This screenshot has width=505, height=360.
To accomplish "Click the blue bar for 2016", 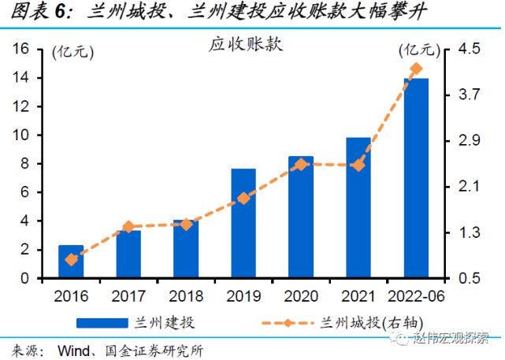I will coord(71,262).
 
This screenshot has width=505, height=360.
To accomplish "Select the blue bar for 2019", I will coord(243,224).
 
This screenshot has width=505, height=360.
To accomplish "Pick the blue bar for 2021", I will coord(358,208).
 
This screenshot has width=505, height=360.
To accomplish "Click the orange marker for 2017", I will coord(128,227).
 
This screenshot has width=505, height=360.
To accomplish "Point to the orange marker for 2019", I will coord(243,199).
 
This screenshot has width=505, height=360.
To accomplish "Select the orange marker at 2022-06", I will coord(416,69).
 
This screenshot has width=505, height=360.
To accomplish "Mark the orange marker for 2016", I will coord(71,259).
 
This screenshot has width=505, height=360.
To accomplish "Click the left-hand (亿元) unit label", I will coord(72,53).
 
